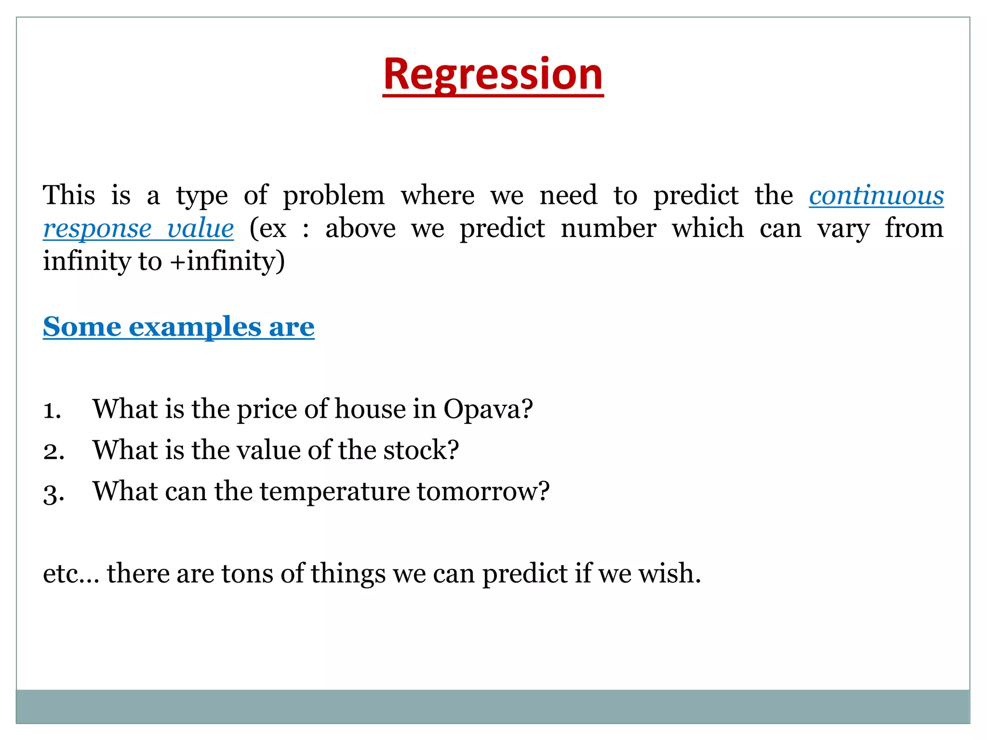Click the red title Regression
[493, 75]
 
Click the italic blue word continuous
[876, 196]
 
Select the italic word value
[200, 228]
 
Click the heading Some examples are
[178, 327]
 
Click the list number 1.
[52, 410]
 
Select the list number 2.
[53, 451]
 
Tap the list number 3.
[53, 493]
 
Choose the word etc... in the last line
[71, 574]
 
